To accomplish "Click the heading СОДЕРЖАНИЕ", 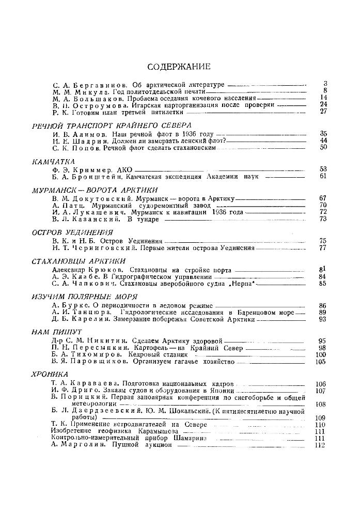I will coord(179,67).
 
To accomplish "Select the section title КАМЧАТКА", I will coord(53,162).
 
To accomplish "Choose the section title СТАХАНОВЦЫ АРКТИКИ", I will coord(79,261).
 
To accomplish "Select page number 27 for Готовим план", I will coord(324,111).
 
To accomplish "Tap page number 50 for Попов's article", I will coord(324,148).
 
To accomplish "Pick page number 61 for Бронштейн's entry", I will coord(324,176).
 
